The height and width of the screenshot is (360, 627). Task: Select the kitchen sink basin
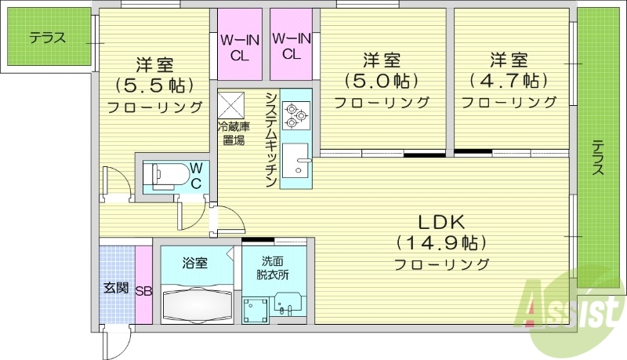[296, 163]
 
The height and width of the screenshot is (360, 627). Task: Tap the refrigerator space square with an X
[231, 104]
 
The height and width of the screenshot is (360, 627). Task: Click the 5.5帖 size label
[154, 84]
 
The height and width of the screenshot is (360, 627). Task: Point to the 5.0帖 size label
[382, 80]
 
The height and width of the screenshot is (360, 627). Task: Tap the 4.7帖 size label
[508, 80]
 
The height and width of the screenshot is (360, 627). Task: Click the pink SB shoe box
[143, 289]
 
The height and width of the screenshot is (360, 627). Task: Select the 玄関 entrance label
[116, 288]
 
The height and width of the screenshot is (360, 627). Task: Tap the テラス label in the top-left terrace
[47, 37]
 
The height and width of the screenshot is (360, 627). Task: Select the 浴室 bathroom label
[195, 263]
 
